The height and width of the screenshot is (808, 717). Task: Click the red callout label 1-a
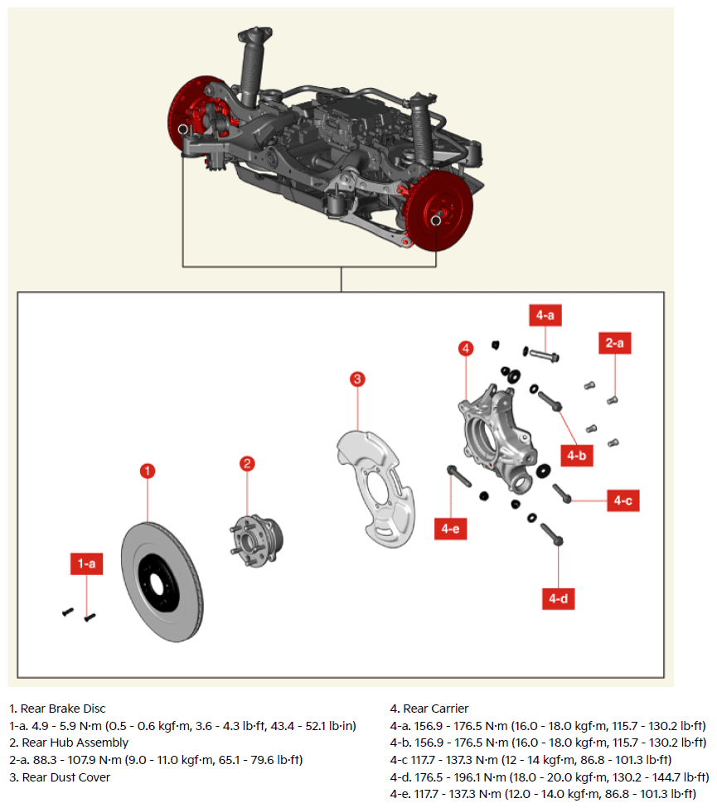[86, 564]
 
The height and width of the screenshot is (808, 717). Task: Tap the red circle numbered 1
[148, 471]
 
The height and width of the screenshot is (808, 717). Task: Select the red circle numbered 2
[247, 463]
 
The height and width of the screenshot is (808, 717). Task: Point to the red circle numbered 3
[357, 380]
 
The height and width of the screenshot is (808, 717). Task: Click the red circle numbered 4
[466, 348]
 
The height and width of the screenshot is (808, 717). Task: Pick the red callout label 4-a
[545, 315]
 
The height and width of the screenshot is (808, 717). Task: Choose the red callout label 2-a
[615, 343]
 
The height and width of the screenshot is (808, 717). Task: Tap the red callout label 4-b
[577, 456]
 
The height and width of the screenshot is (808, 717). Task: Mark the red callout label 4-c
[623, 501]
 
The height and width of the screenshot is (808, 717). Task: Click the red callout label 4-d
[558, 599]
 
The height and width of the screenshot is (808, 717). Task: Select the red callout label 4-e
[451, 529]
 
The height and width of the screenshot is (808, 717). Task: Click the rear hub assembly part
[256, 541]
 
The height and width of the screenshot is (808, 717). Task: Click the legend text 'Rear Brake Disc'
[63, 709]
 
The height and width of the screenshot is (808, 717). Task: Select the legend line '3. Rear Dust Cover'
[60, 777]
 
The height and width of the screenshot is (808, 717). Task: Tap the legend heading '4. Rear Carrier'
[429, 709]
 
